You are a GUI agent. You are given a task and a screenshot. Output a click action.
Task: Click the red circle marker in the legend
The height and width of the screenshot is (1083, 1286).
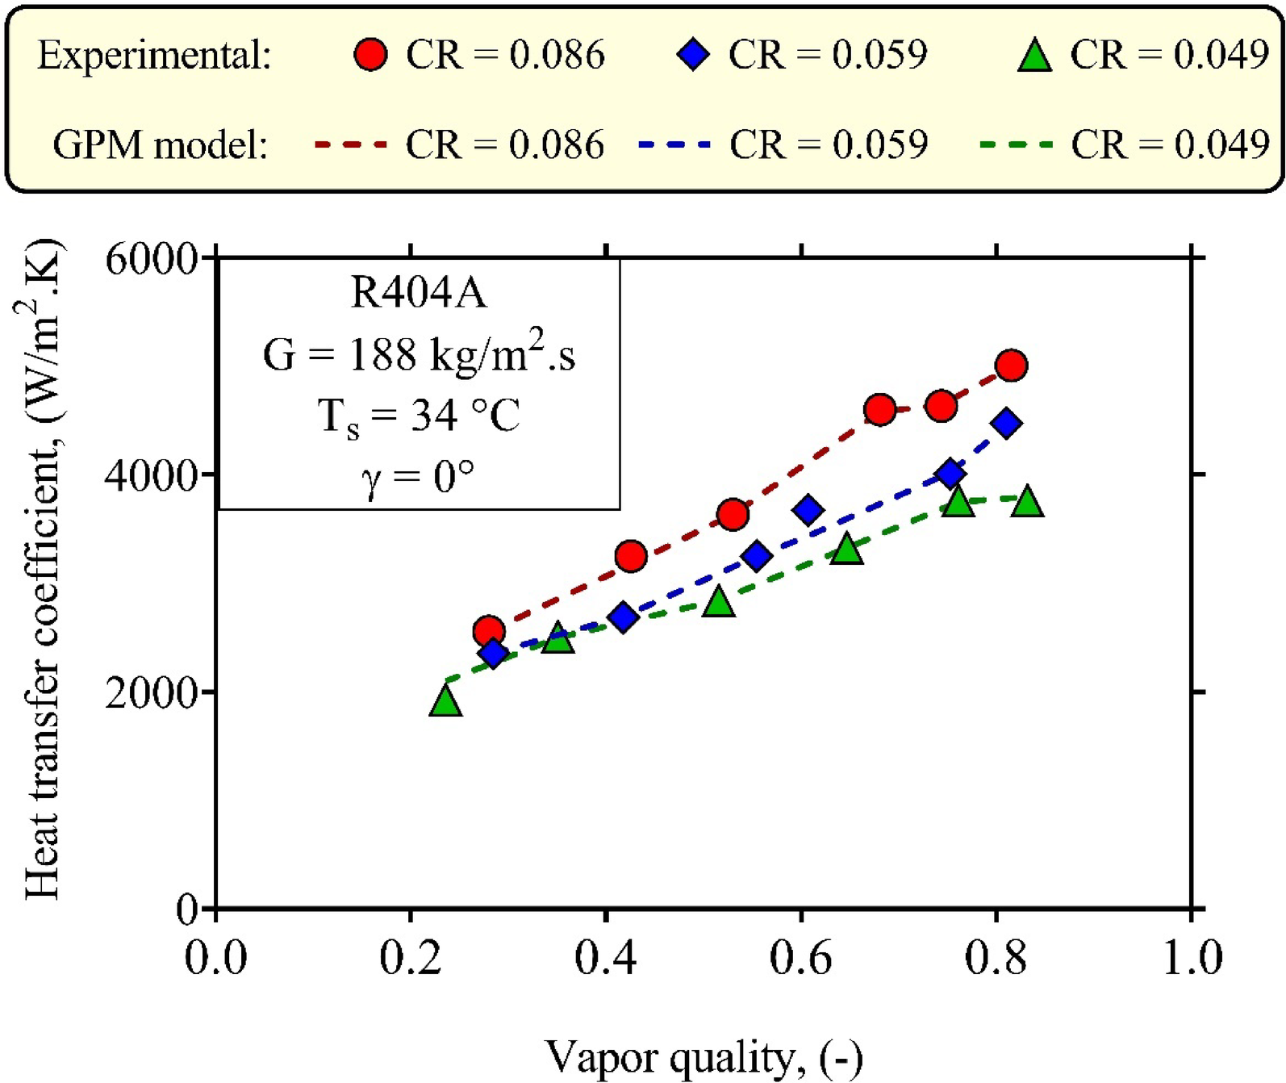[x=370, y=55]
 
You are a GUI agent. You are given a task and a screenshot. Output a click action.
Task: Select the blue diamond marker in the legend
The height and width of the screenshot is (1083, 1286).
[x=694, y=55]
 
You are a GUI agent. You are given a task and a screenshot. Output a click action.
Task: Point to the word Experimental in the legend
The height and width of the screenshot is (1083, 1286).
[x=154, y=56]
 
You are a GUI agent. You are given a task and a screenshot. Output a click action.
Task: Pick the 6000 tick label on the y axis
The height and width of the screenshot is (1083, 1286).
[x=151, y=261]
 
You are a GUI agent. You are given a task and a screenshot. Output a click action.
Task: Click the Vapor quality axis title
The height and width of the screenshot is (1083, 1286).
[x=704, y=1057]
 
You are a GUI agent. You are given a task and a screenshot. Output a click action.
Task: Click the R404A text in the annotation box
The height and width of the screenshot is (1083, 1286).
[x=419, y=293]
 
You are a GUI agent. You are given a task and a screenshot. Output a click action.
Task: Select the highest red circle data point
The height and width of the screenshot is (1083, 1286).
[x=1011, y=366]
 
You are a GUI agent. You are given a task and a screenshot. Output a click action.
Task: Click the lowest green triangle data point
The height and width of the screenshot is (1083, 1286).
[x=445, y=700]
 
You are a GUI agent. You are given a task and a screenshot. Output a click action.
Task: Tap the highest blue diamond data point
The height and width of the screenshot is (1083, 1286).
[x=1006, y=423]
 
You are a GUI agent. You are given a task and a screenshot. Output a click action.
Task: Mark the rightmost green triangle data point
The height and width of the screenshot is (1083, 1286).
[x=1028, y=501]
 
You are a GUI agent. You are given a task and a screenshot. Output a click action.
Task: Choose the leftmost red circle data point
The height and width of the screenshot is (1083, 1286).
[x=488, y=631]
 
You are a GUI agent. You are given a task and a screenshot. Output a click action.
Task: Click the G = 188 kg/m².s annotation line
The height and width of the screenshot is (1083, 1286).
[x=419, y=354]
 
